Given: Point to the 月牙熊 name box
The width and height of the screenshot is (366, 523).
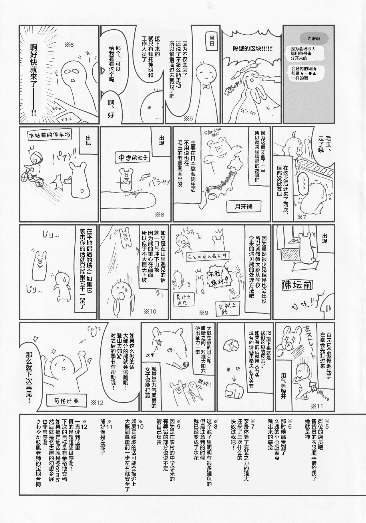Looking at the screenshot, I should (243, 206).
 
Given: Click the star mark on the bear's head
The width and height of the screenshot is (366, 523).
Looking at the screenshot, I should (159, 342).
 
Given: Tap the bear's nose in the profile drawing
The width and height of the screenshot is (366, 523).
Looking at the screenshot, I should (185, 364).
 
